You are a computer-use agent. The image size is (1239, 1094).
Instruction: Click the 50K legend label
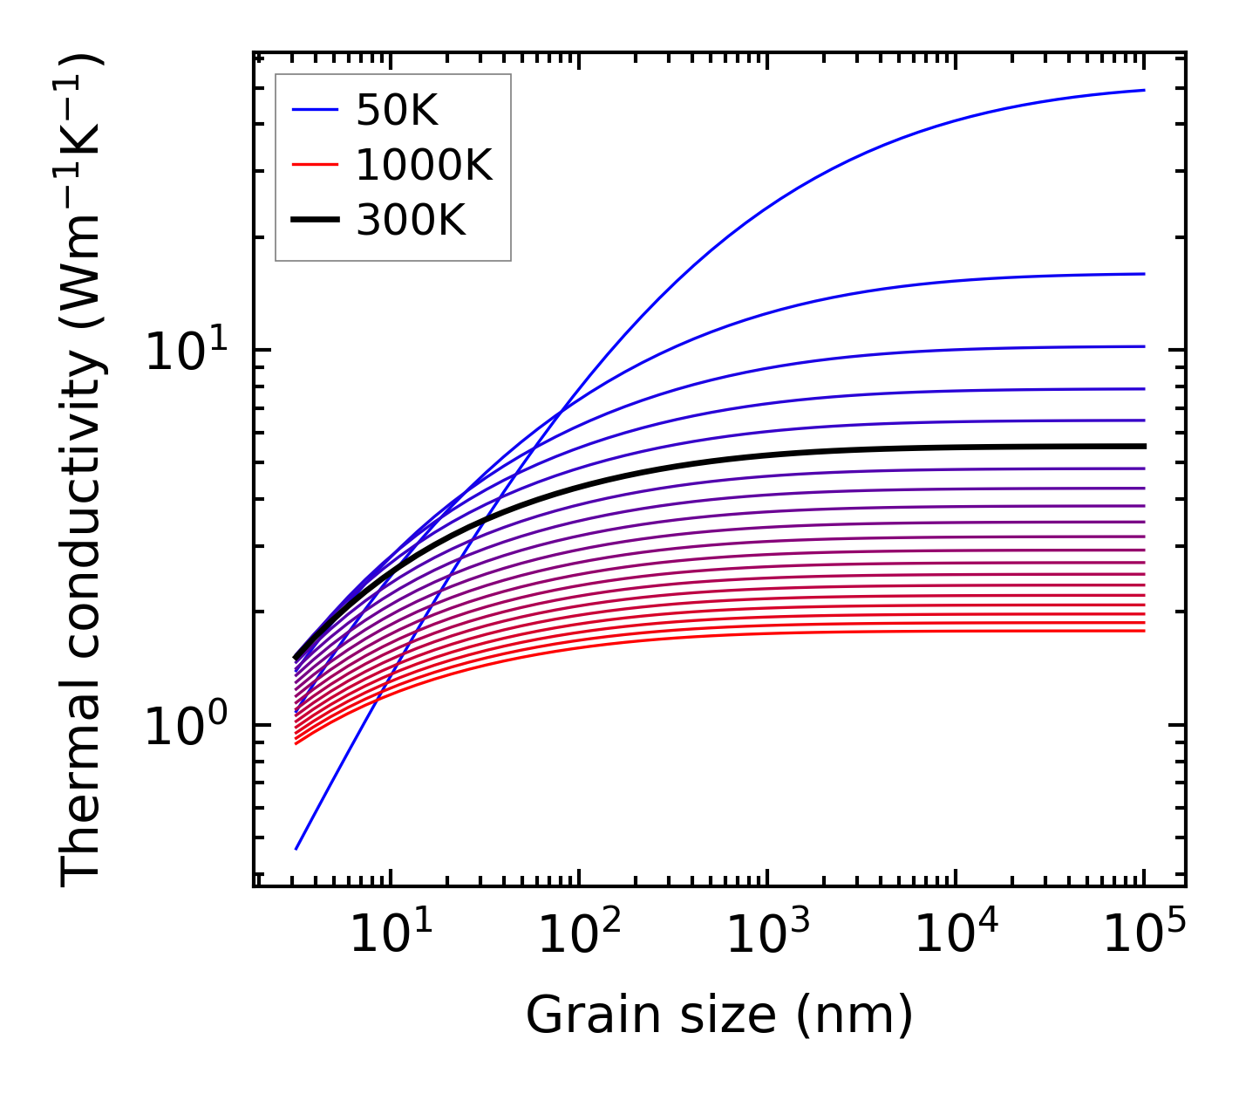[397, 110]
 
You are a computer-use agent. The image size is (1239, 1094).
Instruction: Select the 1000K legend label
[424, 165]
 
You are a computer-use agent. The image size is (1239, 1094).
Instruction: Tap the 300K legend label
[411, 221]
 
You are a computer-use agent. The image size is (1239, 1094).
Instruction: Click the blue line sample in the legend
[315, 110]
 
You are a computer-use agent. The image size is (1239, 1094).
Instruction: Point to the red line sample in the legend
[315, 165]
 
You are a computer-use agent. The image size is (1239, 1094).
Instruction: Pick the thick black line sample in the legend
[315, 221]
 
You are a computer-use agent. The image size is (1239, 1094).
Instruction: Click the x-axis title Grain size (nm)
[719, 1015]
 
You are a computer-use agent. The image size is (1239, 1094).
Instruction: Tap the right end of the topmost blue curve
[1143, 90]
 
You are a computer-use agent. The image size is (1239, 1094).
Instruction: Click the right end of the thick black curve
[1143, 446]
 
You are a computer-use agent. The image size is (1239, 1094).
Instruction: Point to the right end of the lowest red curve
[1143, 631]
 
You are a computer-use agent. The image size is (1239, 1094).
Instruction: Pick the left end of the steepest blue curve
[296, 848]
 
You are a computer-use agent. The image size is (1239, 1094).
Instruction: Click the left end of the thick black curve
[296, 658]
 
